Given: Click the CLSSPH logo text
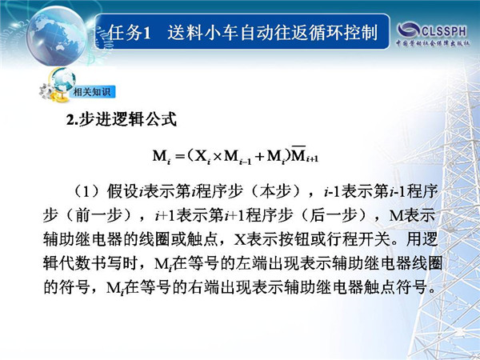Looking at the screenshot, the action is (443, 31).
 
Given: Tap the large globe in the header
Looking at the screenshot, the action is (57, 35).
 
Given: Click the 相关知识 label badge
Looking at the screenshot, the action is (92, 92).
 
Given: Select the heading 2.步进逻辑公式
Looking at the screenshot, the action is (122, 119).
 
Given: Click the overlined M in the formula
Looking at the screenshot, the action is (298, 155).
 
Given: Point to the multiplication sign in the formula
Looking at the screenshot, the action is (217, 157).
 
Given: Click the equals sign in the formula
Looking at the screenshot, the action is (180, 157).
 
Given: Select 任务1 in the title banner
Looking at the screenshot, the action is (130, 33).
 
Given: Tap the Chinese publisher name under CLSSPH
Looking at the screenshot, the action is (433, 43).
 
